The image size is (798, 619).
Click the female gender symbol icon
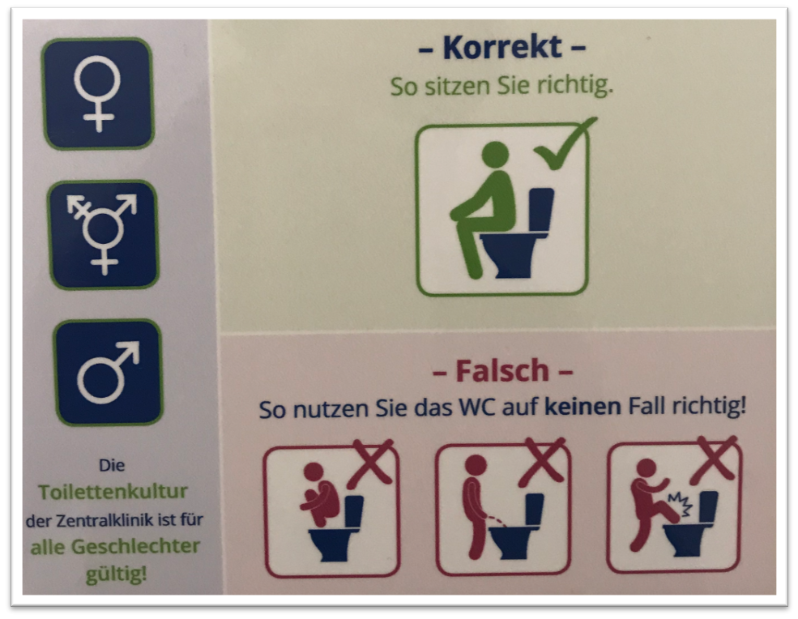coord(97,93)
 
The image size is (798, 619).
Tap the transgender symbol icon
coord(104,235)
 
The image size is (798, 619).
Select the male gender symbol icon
coord(109,372)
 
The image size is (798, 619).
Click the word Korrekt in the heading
coord(502,47)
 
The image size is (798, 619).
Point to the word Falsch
coord(501,370)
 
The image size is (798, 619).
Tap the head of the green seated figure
coord(495,155)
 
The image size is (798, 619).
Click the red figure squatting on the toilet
coord(321,493)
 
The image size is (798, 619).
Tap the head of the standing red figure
coord(476,465)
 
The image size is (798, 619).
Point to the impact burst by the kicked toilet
coord(681,503)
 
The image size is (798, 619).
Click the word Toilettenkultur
coord(113,492)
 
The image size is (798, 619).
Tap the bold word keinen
coord(583,407)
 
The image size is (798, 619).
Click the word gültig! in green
coord(116,574)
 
